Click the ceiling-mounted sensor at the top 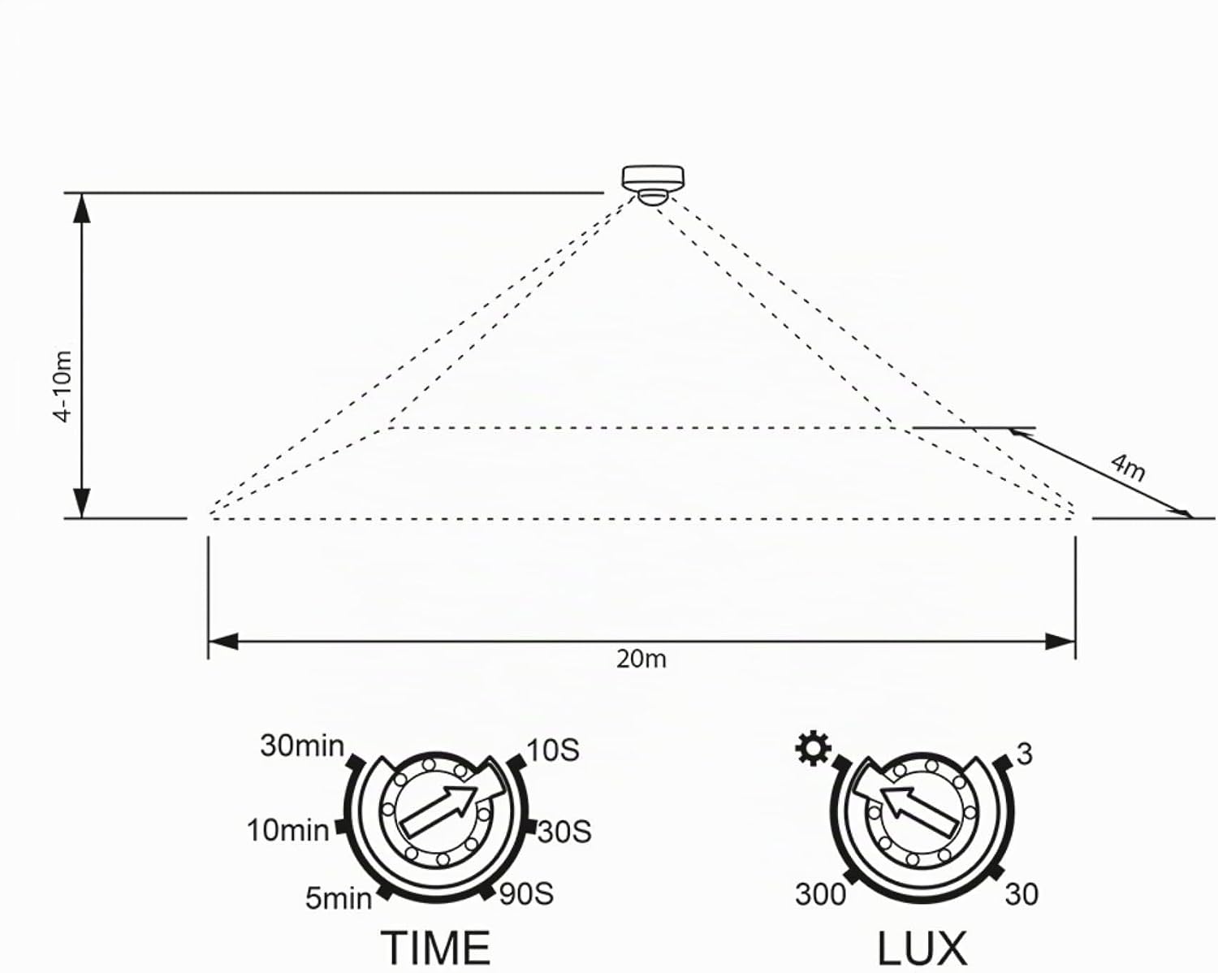click(653, 184)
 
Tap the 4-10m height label click(63, 387)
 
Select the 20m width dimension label click(641, 659)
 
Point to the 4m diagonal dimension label click(1127, 466)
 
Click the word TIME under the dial click(435, 948)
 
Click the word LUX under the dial click(922, 948)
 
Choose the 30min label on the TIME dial click(302, 746)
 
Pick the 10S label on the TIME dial click(553, 750)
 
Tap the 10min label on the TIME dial click(288, 831)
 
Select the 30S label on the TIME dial click(564, 832)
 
